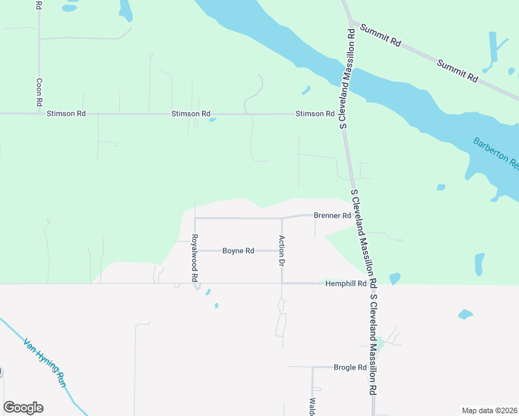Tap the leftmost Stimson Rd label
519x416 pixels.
click(67, 114)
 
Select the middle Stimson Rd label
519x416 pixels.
click(191, 114)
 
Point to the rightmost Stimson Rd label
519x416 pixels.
click(310, 114)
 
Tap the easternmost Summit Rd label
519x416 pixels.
click(458, 71)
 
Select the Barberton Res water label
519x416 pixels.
click(495, 153)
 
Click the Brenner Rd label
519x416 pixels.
click(332, 216)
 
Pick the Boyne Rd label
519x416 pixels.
click(238, 251)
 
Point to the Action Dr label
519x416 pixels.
click(282, 251)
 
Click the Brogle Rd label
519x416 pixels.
click(350, 367)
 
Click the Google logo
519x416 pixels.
click(23, 408)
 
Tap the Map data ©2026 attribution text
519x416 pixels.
click(488, 410)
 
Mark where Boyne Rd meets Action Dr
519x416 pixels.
click(282, 251)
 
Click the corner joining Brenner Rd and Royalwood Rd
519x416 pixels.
click(195, 218)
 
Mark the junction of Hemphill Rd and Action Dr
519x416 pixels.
click(282, 284)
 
